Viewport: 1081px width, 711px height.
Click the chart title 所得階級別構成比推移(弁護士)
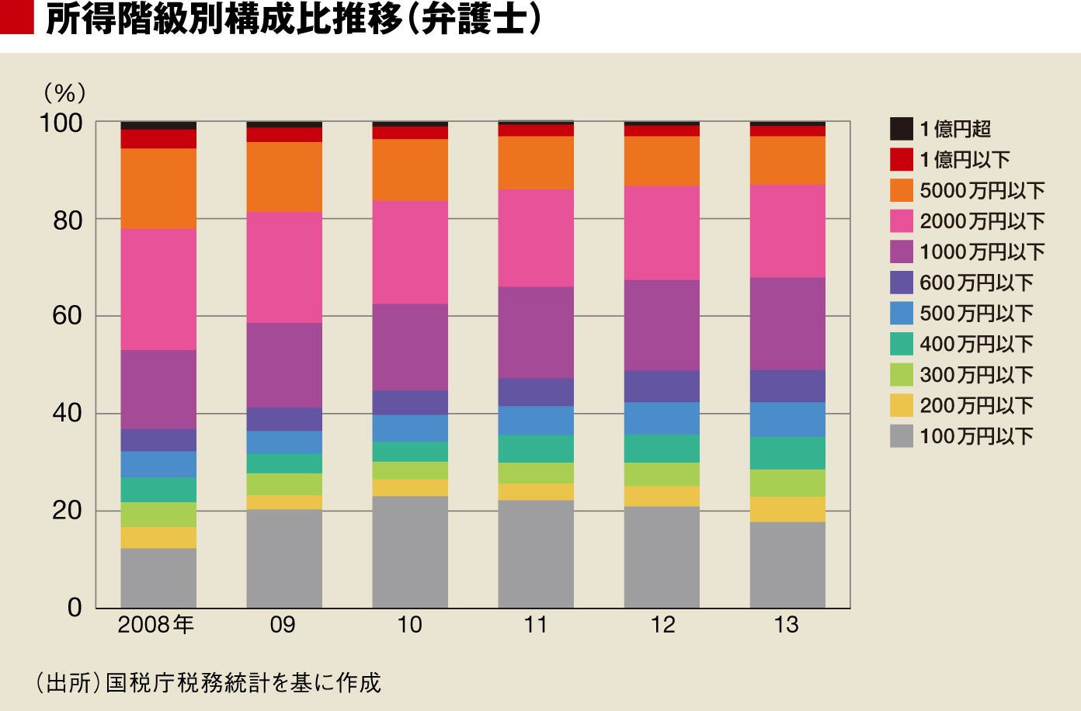[294, 20]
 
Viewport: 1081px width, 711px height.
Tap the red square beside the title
[17, 17]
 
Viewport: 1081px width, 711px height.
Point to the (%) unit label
[64, 92]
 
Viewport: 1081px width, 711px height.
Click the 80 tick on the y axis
[68, 221]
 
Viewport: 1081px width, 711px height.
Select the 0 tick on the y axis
[75, 608]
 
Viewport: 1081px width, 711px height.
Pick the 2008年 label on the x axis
[155, 625]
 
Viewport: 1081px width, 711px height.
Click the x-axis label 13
[786, 625]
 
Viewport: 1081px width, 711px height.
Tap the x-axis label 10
[409, 625]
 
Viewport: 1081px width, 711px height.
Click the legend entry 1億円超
[940, 129]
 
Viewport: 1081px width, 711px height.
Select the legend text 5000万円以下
[982, 190]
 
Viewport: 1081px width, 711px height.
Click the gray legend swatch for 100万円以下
[902, 436]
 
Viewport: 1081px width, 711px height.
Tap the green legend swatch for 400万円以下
[902, 344]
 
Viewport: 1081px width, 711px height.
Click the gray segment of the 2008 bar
[158, 577]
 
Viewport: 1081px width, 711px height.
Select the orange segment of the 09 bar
[284, 176]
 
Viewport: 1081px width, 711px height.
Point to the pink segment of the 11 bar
[536, 238]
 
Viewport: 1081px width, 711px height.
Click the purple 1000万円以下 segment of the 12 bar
[662, 325]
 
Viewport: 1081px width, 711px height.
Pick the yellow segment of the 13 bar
[787, 509]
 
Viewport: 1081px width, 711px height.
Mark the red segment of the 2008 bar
[158, 139]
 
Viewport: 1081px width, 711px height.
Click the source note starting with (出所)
[208, 682]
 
